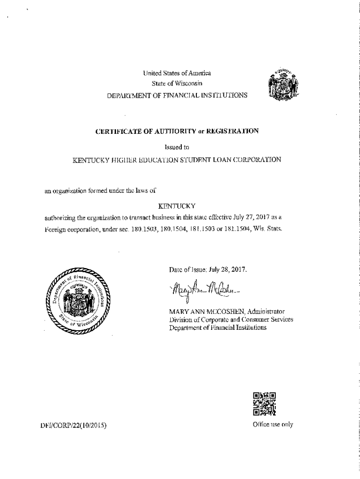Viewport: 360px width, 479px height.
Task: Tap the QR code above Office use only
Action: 264,404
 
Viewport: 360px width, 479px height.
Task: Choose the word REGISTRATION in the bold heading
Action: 232,131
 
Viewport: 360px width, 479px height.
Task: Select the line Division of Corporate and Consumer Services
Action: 222,319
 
